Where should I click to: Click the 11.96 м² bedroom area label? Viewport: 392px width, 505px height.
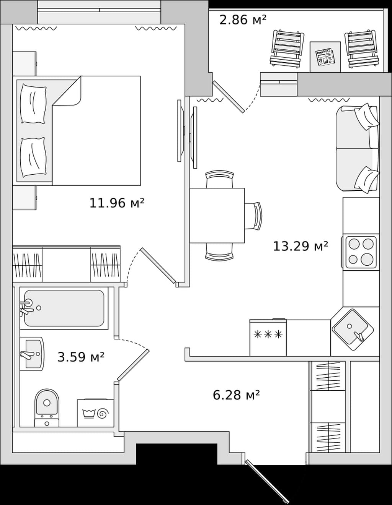click(117, 203)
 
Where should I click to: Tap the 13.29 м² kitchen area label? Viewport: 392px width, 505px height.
click(301, 246)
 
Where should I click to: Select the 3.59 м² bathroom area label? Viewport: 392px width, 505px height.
click(81, 357)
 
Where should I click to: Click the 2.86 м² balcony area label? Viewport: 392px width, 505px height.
click(243, 19)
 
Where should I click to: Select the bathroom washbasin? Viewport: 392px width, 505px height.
click(32, 354)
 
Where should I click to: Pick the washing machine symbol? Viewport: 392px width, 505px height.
click(95, 413)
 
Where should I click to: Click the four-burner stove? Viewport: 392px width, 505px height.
click(361, 252)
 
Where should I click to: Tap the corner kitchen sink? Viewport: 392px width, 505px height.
click(353, 330)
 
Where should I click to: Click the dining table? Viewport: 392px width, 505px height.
click(217, 216)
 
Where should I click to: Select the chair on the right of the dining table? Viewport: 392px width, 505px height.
click(253, 216)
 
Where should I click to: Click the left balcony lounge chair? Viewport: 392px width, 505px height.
click(287, 49)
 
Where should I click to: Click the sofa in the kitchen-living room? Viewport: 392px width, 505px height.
click(358, 148)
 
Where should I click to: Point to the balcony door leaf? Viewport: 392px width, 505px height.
click(229, 97)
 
